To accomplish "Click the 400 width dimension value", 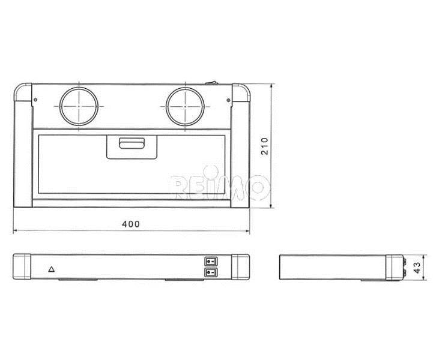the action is point(131,224).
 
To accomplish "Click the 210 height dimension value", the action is point(265,146).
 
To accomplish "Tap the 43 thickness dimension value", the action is point(417,268).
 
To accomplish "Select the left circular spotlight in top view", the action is point(79,107).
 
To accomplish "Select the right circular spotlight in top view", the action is point(185,107).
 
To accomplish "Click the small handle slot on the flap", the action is point(132,143).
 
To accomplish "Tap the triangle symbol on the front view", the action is point(51,269).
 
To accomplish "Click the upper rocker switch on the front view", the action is point(211,262).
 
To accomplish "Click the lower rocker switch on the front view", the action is point(211,272).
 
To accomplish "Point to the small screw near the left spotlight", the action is point(35,100).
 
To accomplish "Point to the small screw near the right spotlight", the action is point(228,100).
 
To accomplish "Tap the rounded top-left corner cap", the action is point(23,92).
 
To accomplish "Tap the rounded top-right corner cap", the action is point(241,92).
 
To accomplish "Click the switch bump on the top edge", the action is point(212,83).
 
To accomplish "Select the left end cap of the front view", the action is point(22,266).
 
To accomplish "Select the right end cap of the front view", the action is point(240,267).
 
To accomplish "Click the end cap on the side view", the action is point(394,268).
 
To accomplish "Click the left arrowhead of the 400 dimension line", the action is point(16,231).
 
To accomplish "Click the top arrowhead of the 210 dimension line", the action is point(271,86).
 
